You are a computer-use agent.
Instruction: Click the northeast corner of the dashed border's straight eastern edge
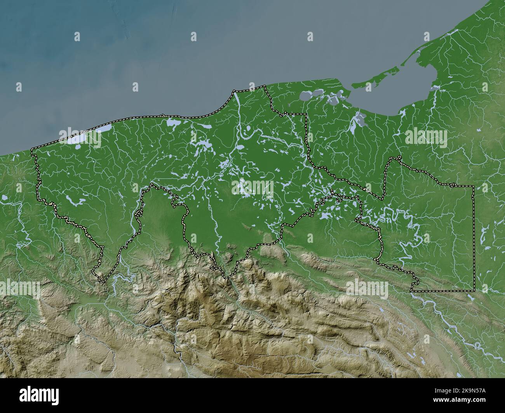click(473, 187)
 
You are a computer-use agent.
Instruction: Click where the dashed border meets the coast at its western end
click(32, 149)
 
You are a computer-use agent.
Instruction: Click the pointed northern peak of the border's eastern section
click(398, 157)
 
